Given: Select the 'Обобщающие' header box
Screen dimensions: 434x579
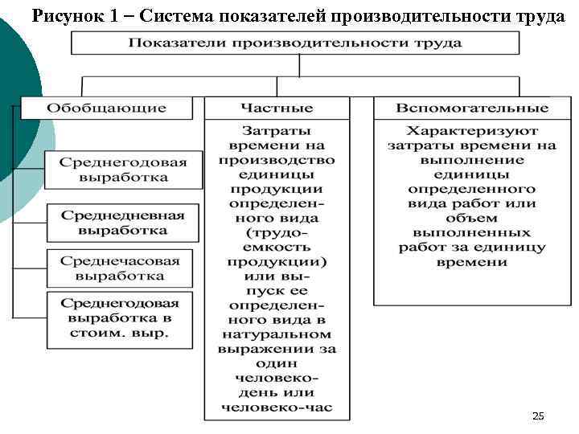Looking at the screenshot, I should click(106, 108).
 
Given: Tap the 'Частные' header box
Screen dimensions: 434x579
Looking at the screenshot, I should click(277, 108).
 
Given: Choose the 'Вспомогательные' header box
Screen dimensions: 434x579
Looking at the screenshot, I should click(472, 108).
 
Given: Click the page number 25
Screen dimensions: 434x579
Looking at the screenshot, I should click(538, 416).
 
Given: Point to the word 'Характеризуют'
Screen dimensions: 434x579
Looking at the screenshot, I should click(472, 130).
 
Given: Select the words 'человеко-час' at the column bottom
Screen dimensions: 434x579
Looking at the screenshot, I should click(277, 407).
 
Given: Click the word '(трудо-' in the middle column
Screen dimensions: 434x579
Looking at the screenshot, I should click(277, 232).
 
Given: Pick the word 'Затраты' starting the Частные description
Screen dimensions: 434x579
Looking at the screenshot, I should click(277, 130).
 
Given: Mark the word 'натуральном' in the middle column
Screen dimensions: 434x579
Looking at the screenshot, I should click(277, 334).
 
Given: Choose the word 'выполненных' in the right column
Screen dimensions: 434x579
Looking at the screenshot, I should click(472, 232).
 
